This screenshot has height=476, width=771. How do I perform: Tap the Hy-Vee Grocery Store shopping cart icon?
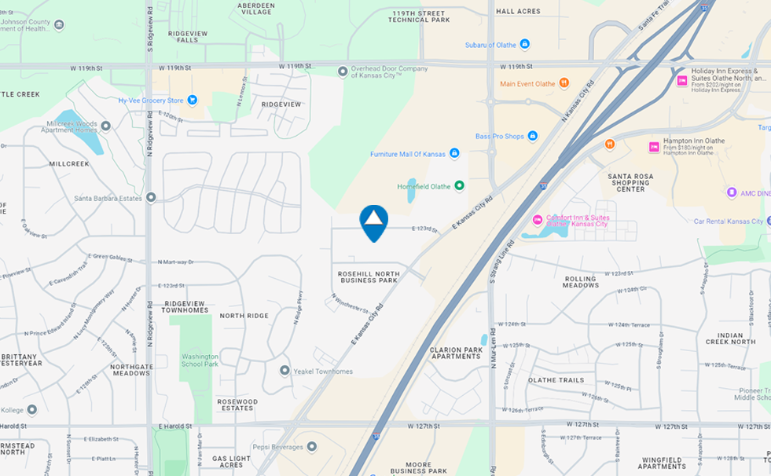point(192,100)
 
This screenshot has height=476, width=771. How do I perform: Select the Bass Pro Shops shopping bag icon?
point(532,136)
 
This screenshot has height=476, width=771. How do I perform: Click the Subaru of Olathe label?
point(490,45)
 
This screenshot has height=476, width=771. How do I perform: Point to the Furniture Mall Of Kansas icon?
point(454,153)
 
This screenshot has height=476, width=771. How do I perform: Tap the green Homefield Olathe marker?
point(460,186)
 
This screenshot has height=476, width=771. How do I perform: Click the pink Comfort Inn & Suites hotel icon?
point(538,218)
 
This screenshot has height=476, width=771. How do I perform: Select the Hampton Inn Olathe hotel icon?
point(654,147)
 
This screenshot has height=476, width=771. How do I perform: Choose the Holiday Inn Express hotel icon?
point(682,80)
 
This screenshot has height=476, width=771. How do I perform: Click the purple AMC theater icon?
point(732,192)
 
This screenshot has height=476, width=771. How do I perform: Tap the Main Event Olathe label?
point(527,83)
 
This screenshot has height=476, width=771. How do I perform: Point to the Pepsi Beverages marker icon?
point(312,446)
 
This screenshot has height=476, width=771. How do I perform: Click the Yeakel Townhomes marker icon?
point(285,370)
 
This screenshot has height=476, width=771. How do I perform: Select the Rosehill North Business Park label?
point(368,276)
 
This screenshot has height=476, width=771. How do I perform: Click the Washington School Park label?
point(200,360)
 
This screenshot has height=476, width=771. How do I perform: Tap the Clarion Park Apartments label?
point(455,353)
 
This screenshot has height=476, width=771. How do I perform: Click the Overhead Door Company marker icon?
point(343,71)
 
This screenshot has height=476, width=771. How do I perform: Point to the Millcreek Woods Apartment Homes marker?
point(106,125)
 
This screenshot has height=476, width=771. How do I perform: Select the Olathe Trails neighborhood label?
point(556,380)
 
